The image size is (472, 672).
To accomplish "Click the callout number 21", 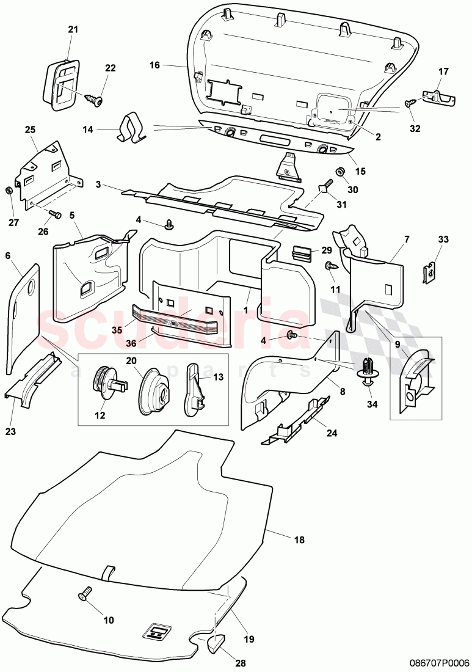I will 73,30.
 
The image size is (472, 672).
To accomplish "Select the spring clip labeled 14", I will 131,127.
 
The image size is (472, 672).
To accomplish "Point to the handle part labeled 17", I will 439,96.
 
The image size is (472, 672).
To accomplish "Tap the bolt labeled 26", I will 54,214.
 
